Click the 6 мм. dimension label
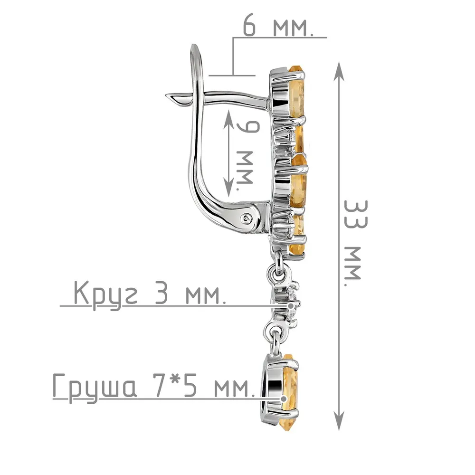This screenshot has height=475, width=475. coord(278,28)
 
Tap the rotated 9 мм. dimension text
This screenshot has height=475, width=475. coord(246,155)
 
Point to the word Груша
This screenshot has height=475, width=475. coord(95,387)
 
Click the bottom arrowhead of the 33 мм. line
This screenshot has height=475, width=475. coord(339,420)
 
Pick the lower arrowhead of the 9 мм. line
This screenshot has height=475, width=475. coord(229,187)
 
